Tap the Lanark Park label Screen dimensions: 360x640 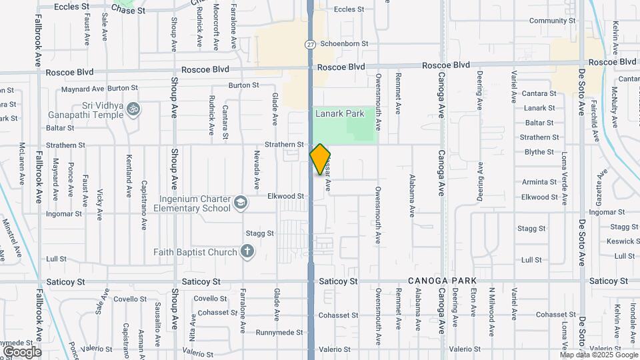click(x=340, y=114)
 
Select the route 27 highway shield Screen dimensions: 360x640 click(x=311, y=44)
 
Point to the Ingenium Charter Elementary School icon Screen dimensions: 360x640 click(x=240, y=201)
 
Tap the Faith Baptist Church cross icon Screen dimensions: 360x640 click(x=247, y=252)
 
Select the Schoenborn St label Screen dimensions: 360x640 click(x=345, y=44)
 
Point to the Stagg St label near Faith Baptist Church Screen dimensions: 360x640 click(x=260, y=233)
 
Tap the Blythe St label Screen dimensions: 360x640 click(x=539, y=152)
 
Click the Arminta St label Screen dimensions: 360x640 click(x=539, y=182)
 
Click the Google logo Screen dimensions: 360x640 click(x=22, y=351)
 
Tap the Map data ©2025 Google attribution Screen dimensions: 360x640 click(x=598, y=355)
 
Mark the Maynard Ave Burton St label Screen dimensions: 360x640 click(x=99, y=88)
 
